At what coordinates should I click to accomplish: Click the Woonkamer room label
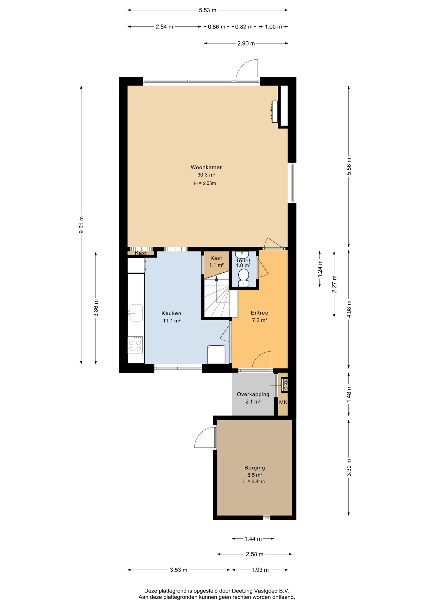click(206, 167)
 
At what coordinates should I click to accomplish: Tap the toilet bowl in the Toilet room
click(243, 275)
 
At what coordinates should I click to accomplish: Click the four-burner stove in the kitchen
click(135, 345)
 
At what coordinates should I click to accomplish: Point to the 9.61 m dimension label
click(81, 225)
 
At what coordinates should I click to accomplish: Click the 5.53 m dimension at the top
click(208, 10)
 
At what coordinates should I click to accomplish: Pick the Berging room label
click(255, 468)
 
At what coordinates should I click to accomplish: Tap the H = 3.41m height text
click(254, 481)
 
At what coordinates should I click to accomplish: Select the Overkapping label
click(253, 394)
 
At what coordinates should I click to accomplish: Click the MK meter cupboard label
click(283, 402)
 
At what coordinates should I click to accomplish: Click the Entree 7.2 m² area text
click(260, 320)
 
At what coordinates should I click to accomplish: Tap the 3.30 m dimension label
click(349, 468)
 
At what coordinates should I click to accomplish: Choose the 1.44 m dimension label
click(253, 538)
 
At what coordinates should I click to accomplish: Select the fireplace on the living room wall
click(274, 111)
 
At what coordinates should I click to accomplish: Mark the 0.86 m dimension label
click(217, 27)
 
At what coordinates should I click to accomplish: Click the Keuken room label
click(171, 313)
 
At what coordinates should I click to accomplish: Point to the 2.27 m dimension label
click(334, 284)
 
